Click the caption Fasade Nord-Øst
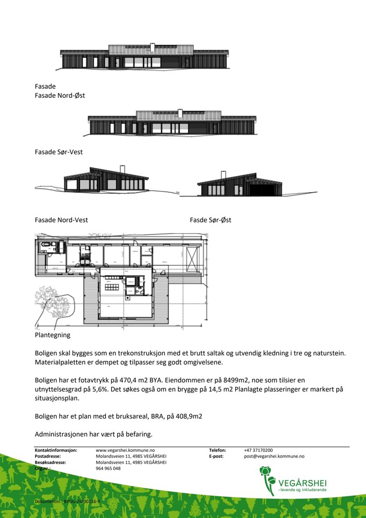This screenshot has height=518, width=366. pyautogui.click(x=60, y=95)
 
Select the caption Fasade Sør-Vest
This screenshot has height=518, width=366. pyautogui.click(x=58, y=152)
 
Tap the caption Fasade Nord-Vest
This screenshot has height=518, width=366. pyautogui.click(x=61, y=220)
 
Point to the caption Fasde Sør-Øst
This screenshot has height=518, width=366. pyautogui.click(x=210, y=220)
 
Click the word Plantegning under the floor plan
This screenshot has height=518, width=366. pyautogui.click(x=52, y=335)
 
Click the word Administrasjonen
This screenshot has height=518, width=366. pyautogui.click(x=62, y=435)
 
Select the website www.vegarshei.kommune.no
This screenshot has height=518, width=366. pyautogui.click(x=125, y=450)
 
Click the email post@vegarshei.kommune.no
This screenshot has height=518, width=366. pyautogui.click(x=274, y=457)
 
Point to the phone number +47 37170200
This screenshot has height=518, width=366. pyautogui.click(x=258, y=450)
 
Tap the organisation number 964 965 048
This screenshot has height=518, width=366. pyautogui.click(x=108, y=469)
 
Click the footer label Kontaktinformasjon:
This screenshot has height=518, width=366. pyautogui.click(x=56, y=450)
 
